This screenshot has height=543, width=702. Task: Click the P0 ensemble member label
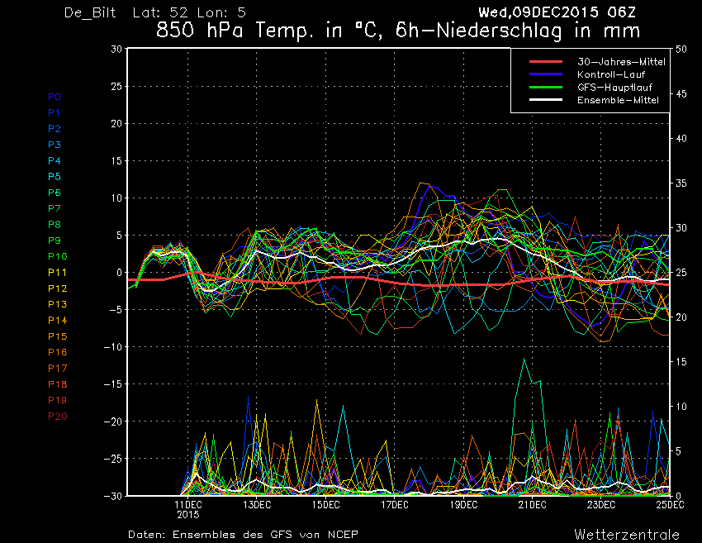coord(55,97)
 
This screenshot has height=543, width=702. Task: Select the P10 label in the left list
coord(57,256)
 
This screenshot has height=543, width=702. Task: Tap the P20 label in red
coord(57,417)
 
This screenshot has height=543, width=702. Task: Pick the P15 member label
coord(57,336)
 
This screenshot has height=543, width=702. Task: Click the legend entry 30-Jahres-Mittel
coord(621,62)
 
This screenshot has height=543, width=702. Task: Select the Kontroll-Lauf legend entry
coord(610,74)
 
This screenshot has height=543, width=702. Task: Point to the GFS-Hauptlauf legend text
coord(614,87)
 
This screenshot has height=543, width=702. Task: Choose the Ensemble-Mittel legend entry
coord(618,100)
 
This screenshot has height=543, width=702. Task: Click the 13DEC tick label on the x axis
coord(257,505)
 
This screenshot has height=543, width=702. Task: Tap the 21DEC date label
coord(533,505)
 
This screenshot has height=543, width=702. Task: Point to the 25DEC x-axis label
coord(671,505)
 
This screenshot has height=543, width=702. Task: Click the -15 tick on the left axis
coord(112,384)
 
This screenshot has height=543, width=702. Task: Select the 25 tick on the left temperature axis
coord(116,86)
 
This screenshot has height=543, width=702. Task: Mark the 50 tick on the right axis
coord(681,49)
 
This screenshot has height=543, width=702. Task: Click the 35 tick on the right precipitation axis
coord(681,183)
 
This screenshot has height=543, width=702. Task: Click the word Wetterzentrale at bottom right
coord(627,535)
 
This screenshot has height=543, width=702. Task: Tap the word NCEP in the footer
coord(343,535)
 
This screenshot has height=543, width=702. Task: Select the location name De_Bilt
coord(90,12)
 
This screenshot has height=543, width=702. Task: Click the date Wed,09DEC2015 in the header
coord(538,12)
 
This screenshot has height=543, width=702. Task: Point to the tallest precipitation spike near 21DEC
coord(524,359)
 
